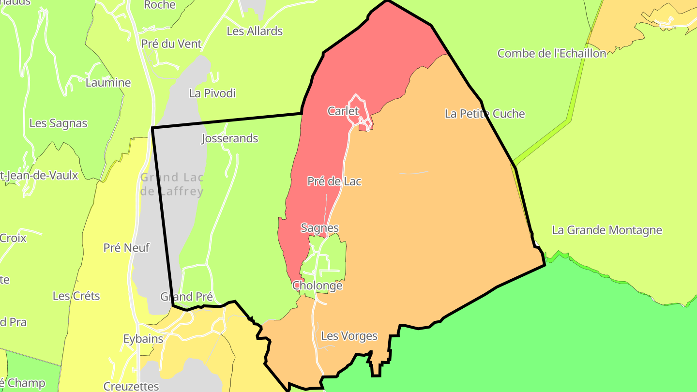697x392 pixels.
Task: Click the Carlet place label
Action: coord(343,111)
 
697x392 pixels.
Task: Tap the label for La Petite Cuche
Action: coord(485,114)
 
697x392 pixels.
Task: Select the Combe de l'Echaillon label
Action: coord(552,53)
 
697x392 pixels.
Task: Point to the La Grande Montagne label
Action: coord(606,230)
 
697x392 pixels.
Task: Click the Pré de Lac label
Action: coord(334,181)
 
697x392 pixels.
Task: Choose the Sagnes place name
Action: coord(319,228)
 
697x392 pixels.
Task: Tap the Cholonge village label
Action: coord(317,286)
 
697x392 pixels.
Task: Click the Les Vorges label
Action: coord(349,336)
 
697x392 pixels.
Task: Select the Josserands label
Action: coord(229,139)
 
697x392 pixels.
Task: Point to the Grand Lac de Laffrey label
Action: coord(172,184)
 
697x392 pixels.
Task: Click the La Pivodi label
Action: coord(212,93)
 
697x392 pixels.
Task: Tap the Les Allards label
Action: coord(255,31)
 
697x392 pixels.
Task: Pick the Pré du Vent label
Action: coord(171,44)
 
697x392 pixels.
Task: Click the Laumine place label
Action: coord(108,83)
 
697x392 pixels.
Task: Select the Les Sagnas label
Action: coord(58,123)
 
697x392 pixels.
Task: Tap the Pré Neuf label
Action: coord(126,248)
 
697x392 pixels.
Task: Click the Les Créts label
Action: coord(76,296)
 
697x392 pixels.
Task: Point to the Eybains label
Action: coord(143,339)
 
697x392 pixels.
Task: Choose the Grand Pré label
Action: coord(186,297)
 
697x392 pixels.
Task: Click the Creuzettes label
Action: coord(131,386)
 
